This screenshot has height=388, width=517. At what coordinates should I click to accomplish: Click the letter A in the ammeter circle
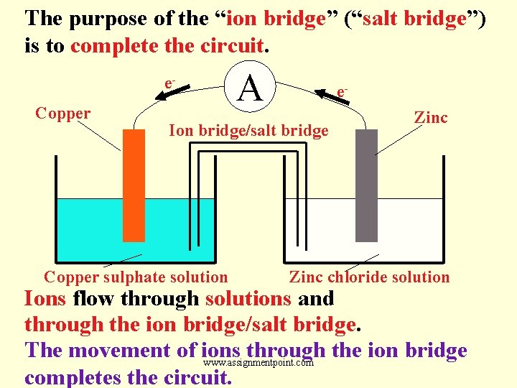point(249,89)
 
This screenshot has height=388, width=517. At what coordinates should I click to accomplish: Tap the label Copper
point(63,114)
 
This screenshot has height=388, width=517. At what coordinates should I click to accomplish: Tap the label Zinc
point(431,117)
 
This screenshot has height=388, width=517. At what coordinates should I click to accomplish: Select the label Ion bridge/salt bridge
point(248,131)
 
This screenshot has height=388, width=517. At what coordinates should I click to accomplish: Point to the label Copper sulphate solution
point(136,277)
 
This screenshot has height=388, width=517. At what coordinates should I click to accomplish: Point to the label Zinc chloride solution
point(369,277)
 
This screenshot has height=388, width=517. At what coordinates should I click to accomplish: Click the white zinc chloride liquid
point(431,230)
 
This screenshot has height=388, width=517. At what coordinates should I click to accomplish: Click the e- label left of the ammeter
point(170,84)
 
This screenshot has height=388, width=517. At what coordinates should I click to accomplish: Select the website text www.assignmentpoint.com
point(259,363)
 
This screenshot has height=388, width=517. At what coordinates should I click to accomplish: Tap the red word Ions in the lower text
point(46,298)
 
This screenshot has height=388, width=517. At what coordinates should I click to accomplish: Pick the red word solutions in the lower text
point(248,298)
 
